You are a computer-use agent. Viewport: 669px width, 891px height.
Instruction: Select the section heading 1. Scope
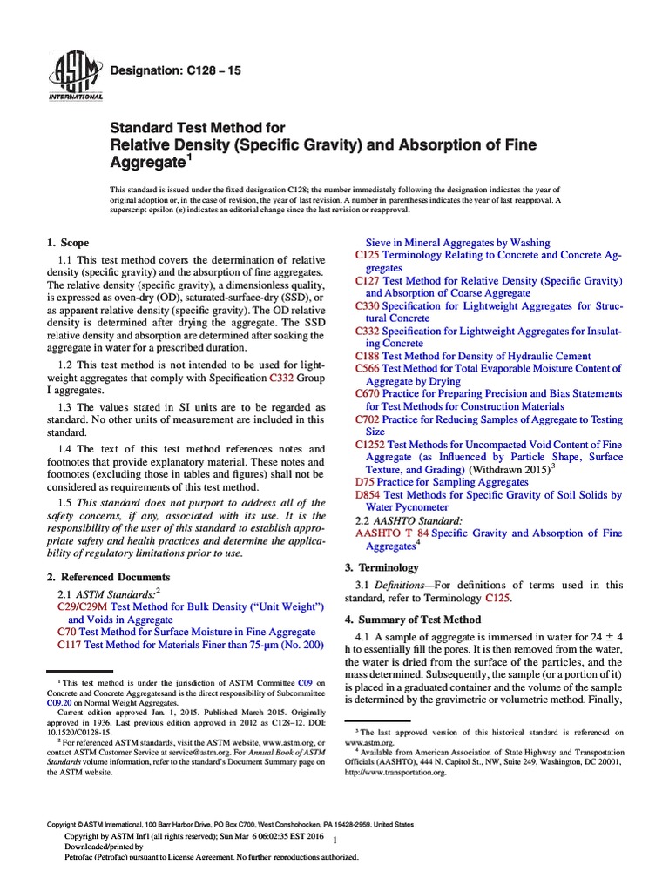(x=67, y=243)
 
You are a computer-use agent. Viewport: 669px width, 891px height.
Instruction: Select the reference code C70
(x=67, y=632)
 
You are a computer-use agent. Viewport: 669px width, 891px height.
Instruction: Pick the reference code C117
(x=69, y=645)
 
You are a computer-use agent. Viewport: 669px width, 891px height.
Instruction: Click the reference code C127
(x=368, y=282)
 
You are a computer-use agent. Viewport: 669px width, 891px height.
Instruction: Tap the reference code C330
(x=368, y=306)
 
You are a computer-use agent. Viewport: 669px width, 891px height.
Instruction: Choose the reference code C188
(x=368, y=356)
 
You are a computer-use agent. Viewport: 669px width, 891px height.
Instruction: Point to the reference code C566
(x=368, y=369)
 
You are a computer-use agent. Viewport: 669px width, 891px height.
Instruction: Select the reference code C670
(x=368, y=394)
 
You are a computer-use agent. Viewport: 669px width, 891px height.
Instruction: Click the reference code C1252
(x=370, y=445)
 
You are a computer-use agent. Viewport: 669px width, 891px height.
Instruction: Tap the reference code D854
(x=368, y=495)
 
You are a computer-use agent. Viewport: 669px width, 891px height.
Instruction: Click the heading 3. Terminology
(x=382, y=567)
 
